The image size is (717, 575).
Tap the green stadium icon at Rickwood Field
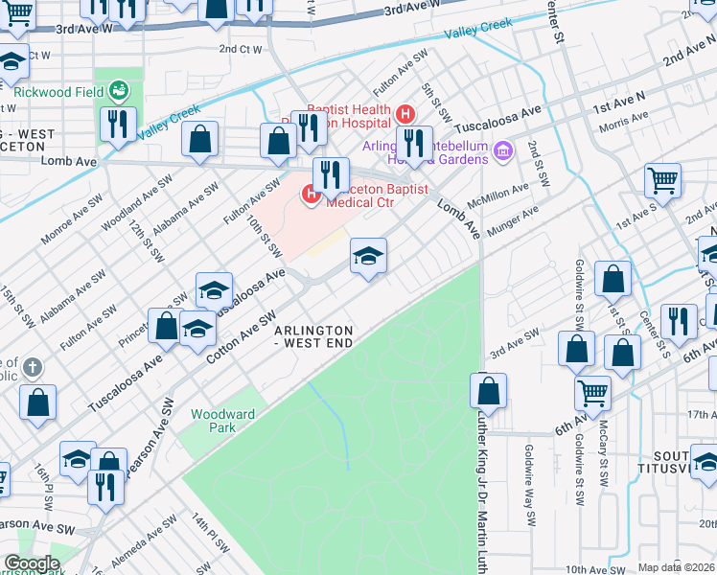(x=120, y=91)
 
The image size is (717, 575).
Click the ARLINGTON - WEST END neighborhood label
(x=313, y=336)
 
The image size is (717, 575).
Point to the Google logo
(x=32, y=563)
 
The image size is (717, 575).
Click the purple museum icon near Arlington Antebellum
(x=503, y=150)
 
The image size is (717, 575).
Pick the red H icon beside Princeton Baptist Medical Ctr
(x=311, y=196)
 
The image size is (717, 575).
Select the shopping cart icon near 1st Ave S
(x=662, y=179)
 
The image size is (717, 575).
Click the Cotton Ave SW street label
(x=242, y=337)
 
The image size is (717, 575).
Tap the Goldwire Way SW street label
(x=529, y=484)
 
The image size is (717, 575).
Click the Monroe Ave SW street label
(x=68, y=221)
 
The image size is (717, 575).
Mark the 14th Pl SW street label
(x=210, y=534)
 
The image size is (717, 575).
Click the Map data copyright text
(x=677, y=567)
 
